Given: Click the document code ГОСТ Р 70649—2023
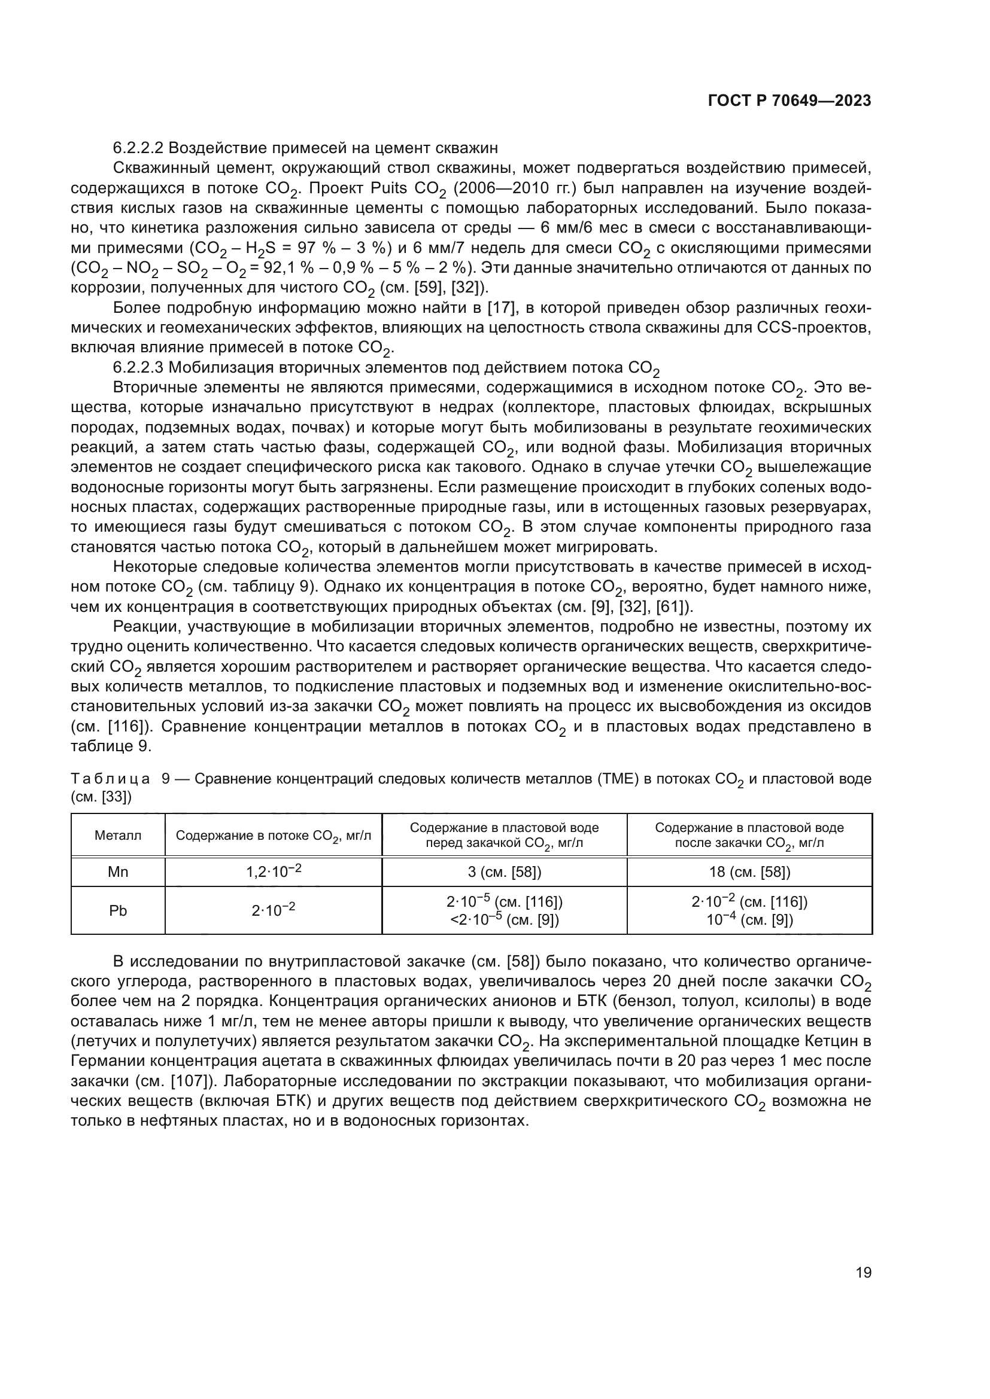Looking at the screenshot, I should [789, 101].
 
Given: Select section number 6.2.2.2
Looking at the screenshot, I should [139, 148].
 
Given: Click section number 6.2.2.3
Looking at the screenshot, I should [139, 367].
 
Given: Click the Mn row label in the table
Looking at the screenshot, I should [118, 872].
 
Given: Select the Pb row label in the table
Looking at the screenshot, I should [118, 911].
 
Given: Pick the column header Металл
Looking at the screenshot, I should [118, 836].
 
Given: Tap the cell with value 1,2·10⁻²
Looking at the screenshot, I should [273, 871].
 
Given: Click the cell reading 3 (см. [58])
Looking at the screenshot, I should [504, 872].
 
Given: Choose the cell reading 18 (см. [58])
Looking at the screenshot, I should [749, 872].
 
